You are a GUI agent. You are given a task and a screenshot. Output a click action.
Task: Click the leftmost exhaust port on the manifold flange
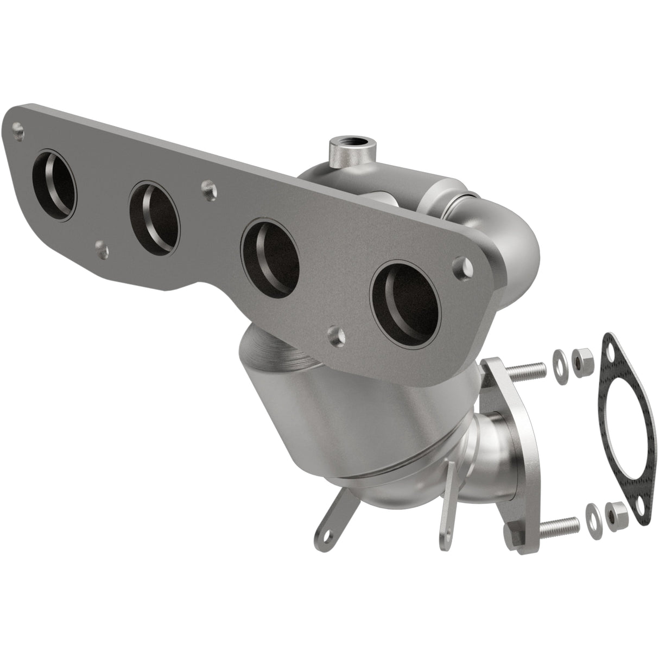point(54,186)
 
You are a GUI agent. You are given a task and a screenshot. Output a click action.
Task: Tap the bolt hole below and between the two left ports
point(100,248)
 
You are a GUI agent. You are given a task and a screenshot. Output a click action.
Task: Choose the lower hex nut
point(614,510)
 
